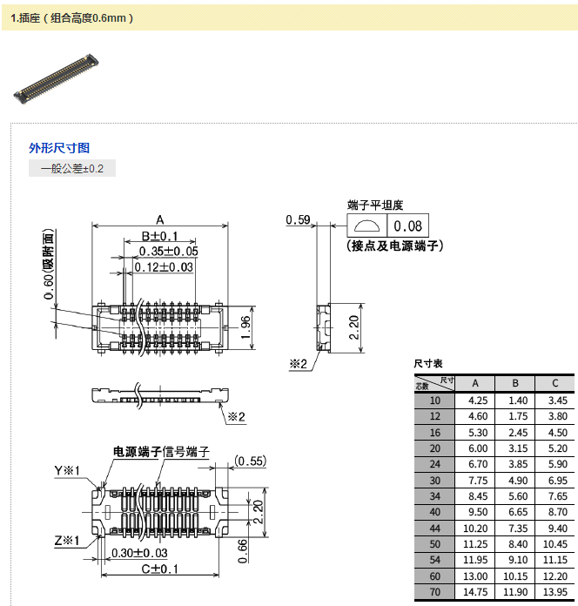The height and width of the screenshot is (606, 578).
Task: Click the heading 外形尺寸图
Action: (59, 148)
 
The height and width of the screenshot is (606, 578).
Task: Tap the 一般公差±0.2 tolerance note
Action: (72, 169)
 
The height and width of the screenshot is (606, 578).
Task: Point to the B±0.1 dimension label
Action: (159, 236)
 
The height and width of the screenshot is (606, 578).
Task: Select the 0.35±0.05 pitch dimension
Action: (169, 252)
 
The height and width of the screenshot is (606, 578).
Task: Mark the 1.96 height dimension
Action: (246, 327)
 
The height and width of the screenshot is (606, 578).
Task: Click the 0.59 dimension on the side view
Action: (299, 220)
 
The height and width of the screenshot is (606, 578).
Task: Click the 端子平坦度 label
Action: (375, 205)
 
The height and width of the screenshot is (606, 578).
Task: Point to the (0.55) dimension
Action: (250, 461)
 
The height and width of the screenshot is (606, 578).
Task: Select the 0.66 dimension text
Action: (242, 550)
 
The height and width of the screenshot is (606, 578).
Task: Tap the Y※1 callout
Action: (67, 471)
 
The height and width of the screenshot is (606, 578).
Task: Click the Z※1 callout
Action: (67, 541)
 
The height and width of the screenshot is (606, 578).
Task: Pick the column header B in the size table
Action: (515, 383)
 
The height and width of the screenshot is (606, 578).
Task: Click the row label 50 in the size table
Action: (435, 544)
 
